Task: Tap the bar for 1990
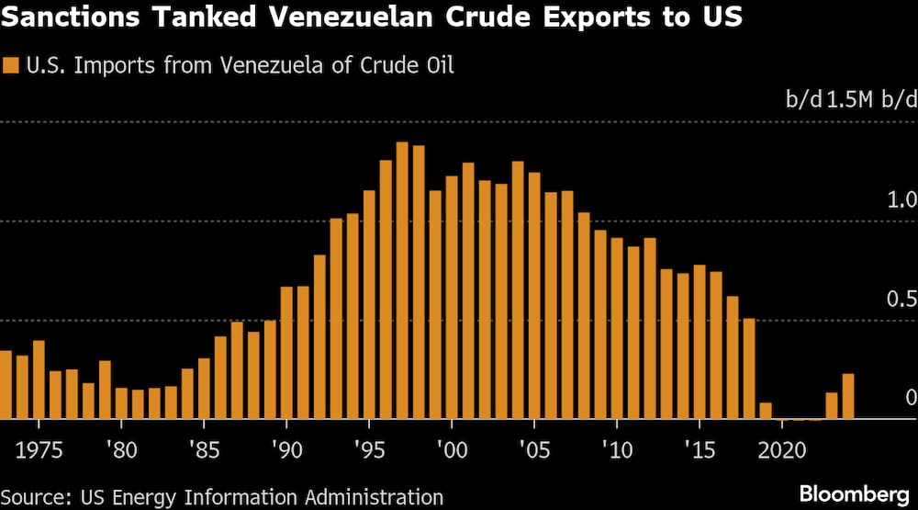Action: pos(286,353)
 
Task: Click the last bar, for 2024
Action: pos(848,396)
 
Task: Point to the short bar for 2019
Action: pos(766,411)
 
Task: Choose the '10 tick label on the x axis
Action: pos(617,451)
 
